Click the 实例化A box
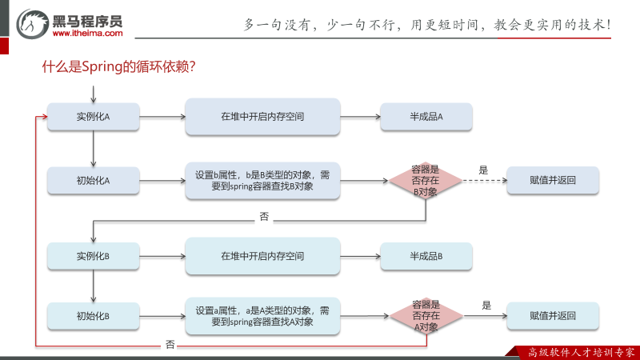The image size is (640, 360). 93,117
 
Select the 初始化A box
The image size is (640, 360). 93,181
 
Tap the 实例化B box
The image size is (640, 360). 93,257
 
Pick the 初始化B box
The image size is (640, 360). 93,316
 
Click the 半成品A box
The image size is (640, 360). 426,117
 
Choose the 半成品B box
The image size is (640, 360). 426,257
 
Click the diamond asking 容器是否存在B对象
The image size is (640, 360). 426,181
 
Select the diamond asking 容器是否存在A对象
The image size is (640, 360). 426,316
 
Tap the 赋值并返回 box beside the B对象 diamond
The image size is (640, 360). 553,181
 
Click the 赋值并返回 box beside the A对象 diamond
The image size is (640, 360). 553,316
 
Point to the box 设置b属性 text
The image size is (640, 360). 262,181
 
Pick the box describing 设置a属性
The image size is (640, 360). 262,316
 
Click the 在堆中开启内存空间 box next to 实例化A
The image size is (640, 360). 262,117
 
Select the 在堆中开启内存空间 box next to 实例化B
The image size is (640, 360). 262,257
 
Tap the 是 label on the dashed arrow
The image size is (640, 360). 483,170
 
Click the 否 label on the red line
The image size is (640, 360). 170,345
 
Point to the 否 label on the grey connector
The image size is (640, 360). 264,216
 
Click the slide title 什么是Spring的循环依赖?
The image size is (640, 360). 119,68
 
